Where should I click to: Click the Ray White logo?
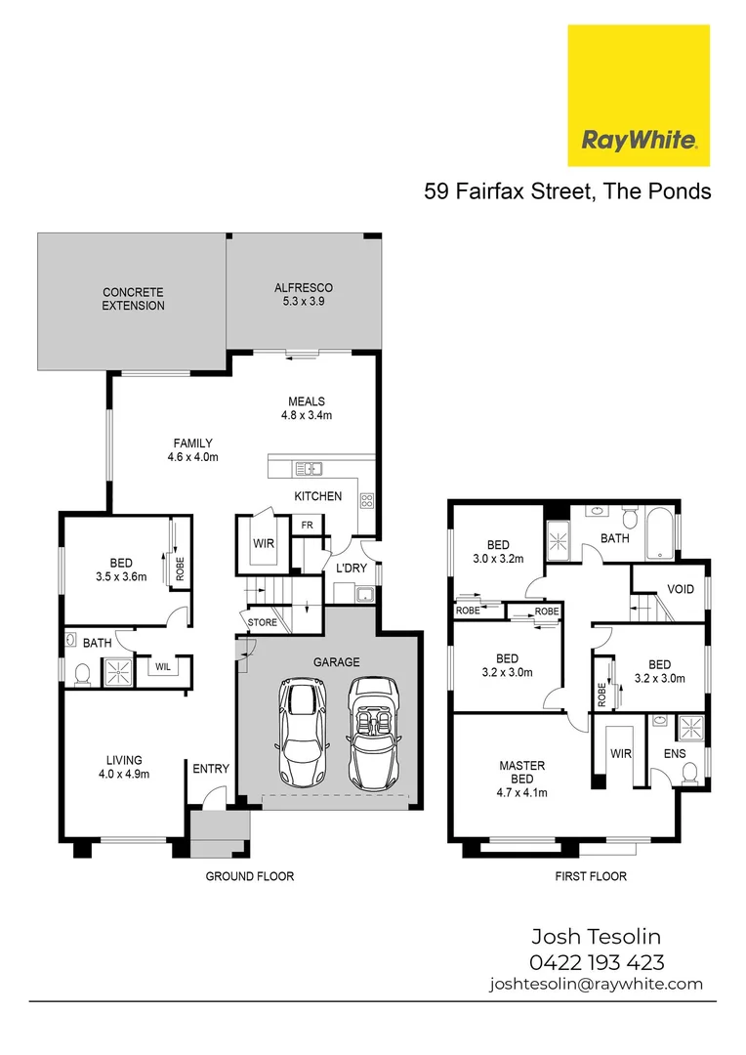point(639,96)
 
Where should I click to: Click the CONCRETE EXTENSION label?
point(134,299)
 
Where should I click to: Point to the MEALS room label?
point(306,408)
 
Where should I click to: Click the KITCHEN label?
point(318,496)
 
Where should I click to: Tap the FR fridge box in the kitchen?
point(307,525)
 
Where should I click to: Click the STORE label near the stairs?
point(262,622)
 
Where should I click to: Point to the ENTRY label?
point(211,769)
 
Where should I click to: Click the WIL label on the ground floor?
point(162,667)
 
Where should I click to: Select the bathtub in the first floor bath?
point(661,531)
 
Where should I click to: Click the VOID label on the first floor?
point(680,589)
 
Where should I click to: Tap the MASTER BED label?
point(521,773)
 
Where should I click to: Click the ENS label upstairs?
point(675,754)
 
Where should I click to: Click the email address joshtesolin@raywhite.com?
point(596,985)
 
